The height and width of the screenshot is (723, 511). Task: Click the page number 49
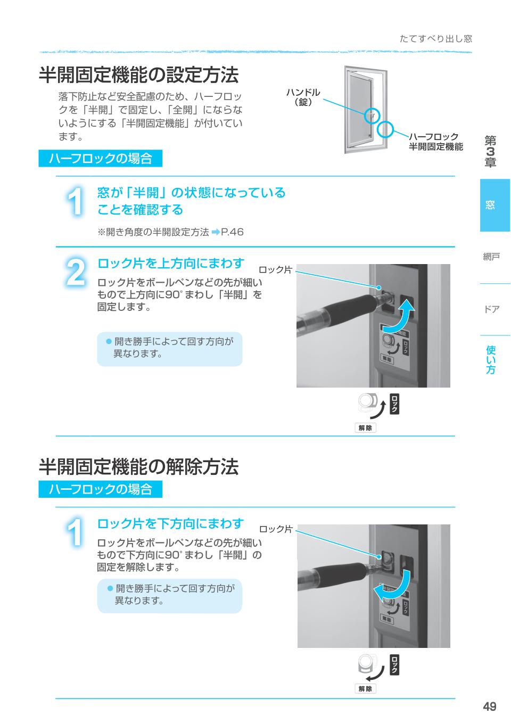click(x=489, y=706)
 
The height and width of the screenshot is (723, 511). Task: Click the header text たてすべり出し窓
click(x=435, y=39)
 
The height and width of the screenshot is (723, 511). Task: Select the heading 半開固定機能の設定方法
click(x=138, y=75)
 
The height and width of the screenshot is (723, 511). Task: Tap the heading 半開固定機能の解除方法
click(x=138, y=467)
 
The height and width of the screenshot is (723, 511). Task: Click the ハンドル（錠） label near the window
click(x=303, y=97)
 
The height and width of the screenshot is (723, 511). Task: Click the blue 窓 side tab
click(x=494, y=205)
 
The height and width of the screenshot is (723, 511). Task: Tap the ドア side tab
click(x=491, y=309)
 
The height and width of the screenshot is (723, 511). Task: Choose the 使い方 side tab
click(x=491, y=359)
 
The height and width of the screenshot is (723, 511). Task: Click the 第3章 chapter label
click(x=490, y=152)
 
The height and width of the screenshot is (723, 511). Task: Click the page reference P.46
click(x=232, y=232)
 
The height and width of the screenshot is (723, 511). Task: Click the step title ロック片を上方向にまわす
click(x=170, y=263)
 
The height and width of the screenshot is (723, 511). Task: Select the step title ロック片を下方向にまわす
click(x=170, y=524)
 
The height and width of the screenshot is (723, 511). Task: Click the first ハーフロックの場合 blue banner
click(x=100, y=158)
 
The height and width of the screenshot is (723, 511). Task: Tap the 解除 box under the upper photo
click(x=365, y=428)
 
